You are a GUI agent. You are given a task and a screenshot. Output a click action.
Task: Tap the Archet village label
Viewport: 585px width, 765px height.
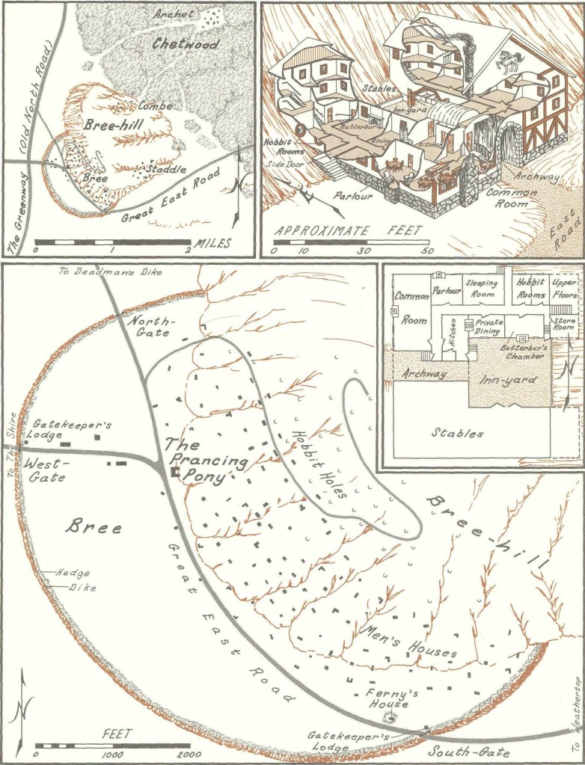174,14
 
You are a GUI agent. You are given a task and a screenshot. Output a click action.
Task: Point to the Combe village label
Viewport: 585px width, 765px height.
155,106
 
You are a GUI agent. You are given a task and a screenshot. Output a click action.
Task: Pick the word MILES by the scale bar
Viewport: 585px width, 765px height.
212,243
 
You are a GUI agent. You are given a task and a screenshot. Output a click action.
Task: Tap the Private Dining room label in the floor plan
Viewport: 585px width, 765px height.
488,327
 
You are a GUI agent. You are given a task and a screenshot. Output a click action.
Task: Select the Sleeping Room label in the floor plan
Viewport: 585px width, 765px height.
481,289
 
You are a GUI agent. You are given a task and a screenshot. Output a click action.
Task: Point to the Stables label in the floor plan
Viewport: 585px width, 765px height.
458,433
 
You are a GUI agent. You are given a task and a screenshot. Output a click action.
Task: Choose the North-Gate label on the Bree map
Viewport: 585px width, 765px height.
150,326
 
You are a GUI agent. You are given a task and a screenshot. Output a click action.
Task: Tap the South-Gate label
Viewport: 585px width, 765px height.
468,752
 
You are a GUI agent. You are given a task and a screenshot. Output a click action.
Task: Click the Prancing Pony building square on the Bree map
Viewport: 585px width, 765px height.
174,473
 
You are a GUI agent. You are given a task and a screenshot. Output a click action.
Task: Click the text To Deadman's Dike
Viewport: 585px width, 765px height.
110,271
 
